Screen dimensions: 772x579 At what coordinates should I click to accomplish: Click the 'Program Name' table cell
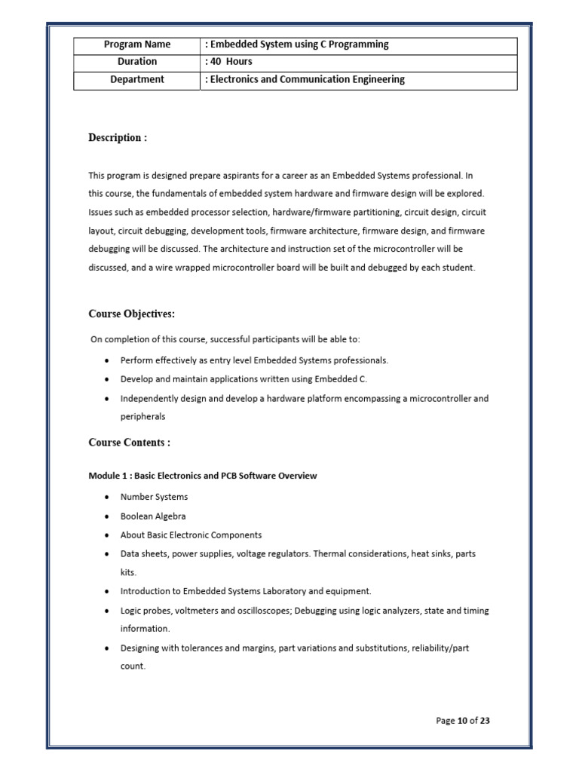(x=136, y=44)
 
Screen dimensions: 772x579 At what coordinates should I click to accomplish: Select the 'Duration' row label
(x=136, y=62)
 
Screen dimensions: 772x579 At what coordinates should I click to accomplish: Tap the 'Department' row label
(x=136, y=79)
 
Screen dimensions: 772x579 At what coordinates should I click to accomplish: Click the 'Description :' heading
(x=118, y=137)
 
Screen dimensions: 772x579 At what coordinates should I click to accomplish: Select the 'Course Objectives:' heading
(x=132, y=314)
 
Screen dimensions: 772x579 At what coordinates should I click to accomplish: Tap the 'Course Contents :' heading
(x=130, y=443)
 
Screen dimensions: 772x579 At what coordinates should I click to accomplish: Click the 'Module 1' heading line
(x=203, y=476)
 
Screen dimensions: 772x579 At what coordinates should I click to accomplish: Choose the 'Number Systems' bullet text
(x=154, y=497)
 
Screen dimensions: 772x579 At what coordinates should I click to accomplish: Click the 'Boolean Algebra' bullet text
(x=153, y=516)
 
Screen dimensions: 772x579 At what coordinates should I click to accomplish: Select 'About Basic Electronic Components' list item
(x=191, y=535)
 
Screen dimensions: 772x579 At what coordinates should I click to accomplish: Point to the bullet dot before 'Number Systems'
(x=106, y=498)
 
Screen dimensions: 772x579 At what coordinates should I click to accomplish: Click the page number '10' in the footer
(x=462, y=721)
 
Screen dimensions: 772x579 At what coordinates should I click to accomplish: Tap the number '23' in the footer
(x=484, y=721)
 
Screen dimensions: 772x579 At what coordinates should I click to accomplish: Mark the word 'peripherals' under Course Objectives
(x=142, y=416)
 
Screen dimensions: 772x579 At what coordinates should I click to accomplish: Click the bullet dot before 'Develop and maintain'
(x=106, y=379)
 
